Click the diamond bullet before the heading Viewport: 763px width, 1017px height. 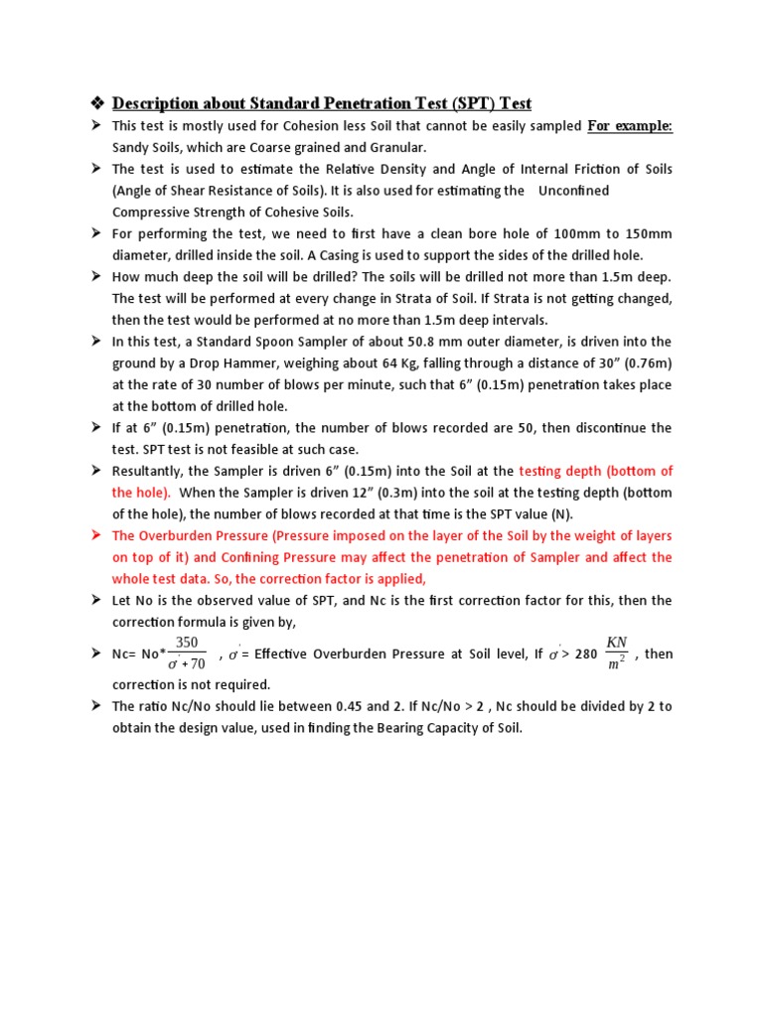tap(96, 103)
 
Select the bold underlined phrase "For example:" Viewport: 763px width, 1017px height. tap(630, 126)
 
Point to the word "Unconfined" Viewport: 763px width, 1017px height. tap(573, 190)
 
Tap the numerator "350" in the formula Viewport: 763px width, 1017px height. tap(187, 644)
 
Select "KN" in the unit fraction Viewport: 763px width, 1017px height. tap(616, 643)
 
